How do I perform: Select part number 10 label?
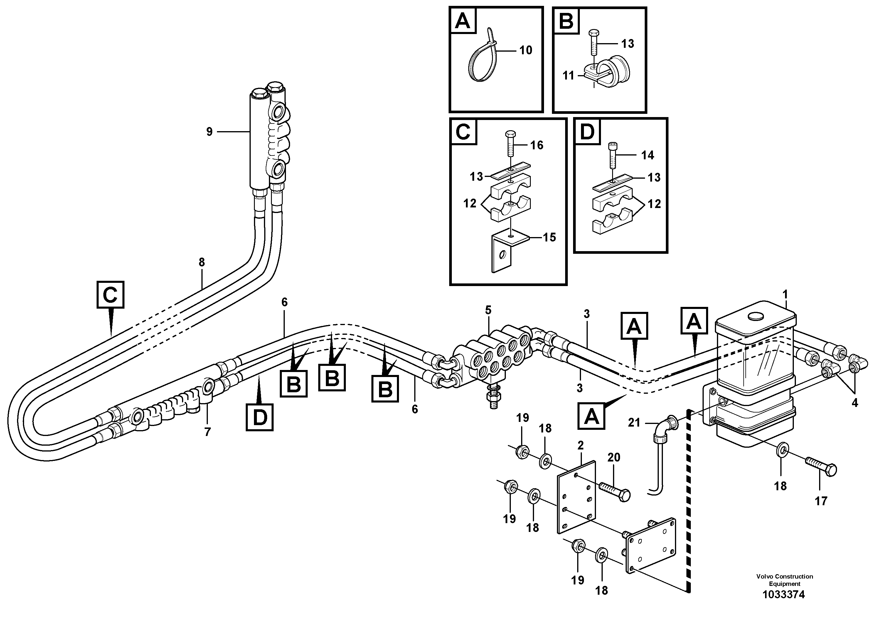[526, 50]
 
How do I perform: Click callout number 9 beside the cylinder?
[209, 132]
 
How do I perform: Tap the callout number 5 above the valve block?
[488, 310]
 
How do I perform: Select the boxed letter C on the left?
[110, 295]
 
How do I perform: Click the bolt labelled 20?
[615, 491]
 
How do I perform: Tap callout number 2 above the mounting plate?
[580, 445]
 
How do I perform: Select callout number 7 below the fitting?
[208, 432]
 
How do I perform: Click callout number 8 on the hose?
[202, 262]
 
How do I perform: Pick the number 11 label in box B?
[568, 76]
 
